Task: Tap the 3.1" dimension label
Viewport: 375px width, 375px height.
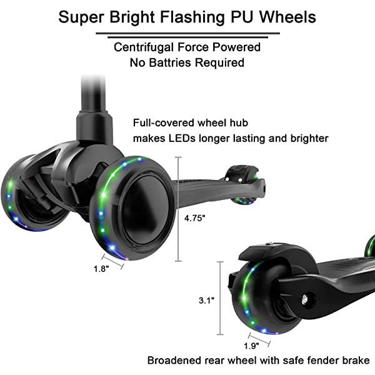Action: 207,300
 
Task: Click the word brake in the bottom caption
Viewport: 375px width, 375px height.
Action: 355,361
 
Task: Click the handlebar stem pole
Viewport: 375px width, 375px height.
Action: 89,94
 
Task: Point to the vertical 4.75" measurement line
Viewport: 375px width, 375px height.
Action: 179,209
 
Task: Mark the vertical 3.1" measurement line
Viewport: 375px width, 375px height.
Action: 220,299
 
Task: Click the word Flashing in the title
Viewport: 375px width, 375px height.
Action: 187,17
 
